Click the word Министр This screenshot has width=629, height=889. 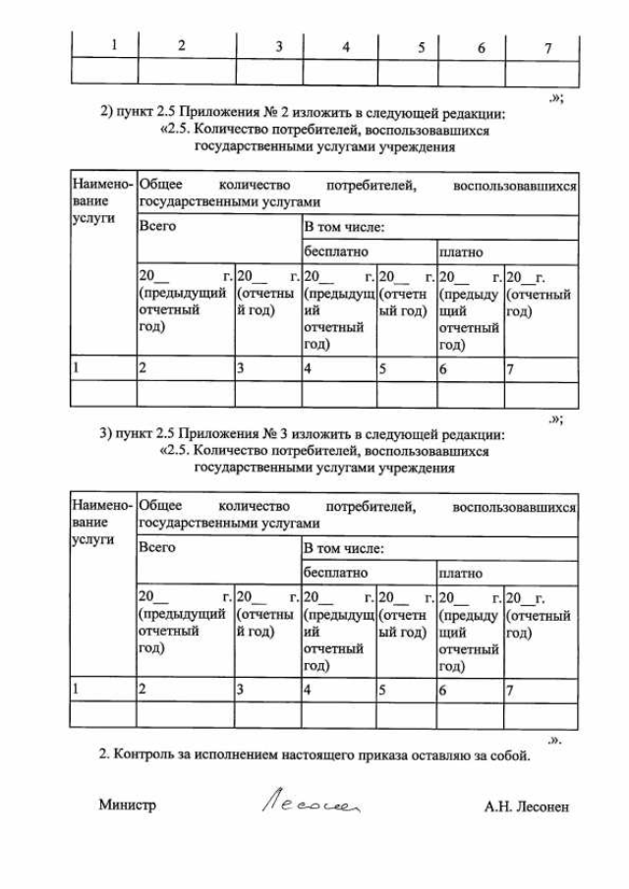coord(127,806)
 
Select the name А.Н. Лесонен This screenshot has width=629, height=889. coord(527,806)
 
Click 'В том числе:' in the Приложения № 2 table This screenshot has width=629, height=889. coord(343,228)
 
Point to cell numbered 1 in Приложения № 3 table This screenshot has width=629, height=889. coord(77,689)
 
